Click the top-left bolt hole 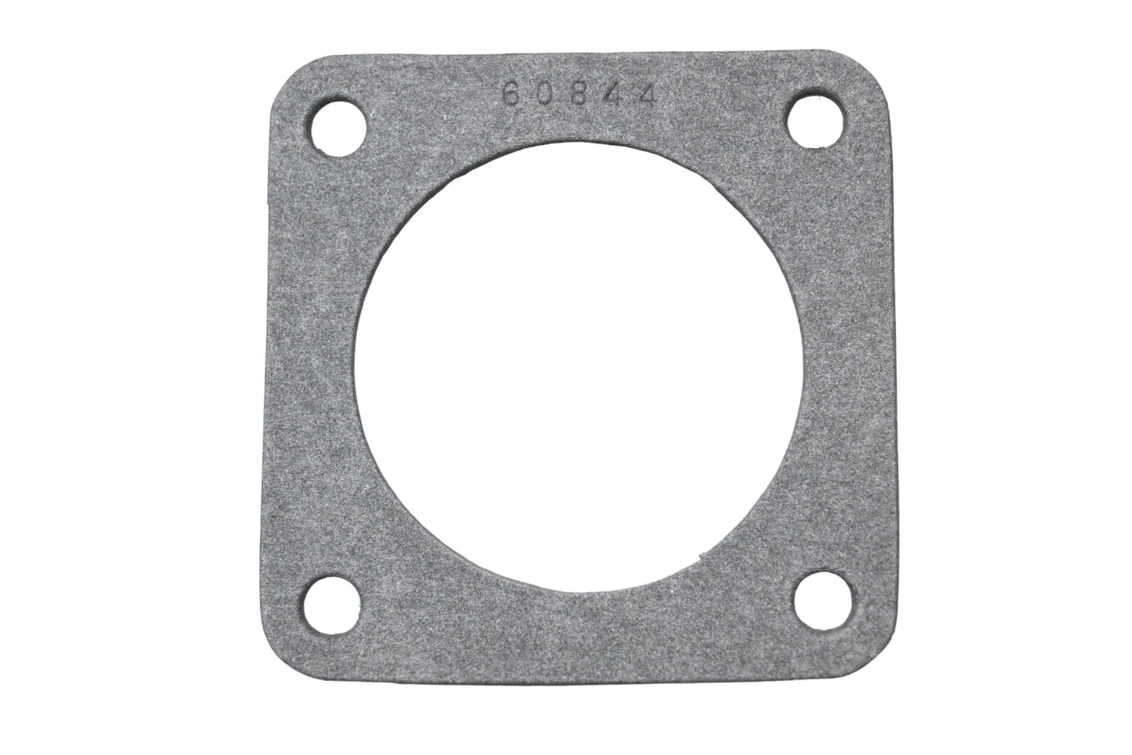tap(341, 123)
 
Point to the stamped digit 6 tap(509, 96)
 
